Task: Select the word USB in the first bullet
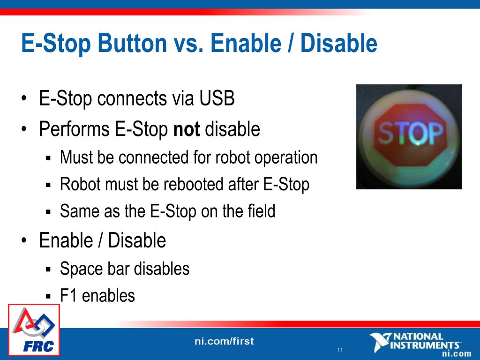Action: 217,98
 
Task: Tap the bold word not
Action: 187,129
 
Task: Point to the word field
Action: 261,211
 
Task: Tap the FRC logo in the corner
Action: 34,330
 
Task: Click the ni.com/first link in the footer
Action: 224,341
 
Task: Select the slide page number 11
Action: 340,350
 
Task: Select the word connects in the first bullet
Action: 132,99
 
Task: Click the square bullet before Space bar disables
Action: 48,270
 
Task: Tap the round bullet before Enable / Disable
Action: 24,240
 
